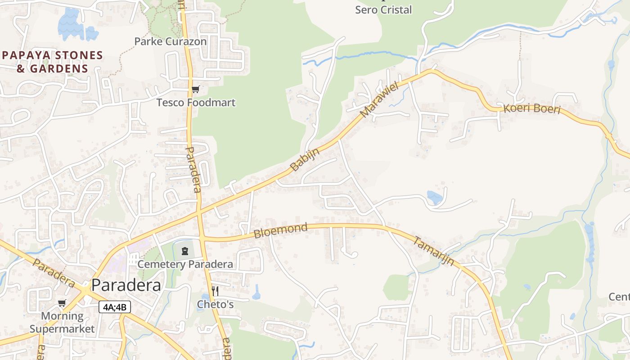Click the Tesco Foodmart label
196,103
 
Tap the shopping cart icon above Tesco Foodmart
195,90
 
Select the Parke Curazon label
171,41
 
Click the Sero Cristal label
383,10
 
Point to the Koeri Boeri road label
532,109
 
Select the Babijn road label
305,160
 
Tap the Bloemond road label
280,231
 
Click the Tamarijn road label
433,251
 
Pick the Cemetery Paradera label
185,264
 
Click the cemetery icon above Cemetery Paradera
184,251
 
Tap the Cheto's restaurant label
215,305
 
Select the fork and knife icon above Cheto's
215,291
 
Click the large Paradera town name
126,285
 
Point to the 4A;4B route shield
115,307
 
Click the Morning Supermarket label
62,322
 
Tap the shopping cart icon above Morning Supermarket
62,303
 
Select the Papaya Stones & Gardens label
53,62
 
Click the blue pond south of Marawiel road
434,197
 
